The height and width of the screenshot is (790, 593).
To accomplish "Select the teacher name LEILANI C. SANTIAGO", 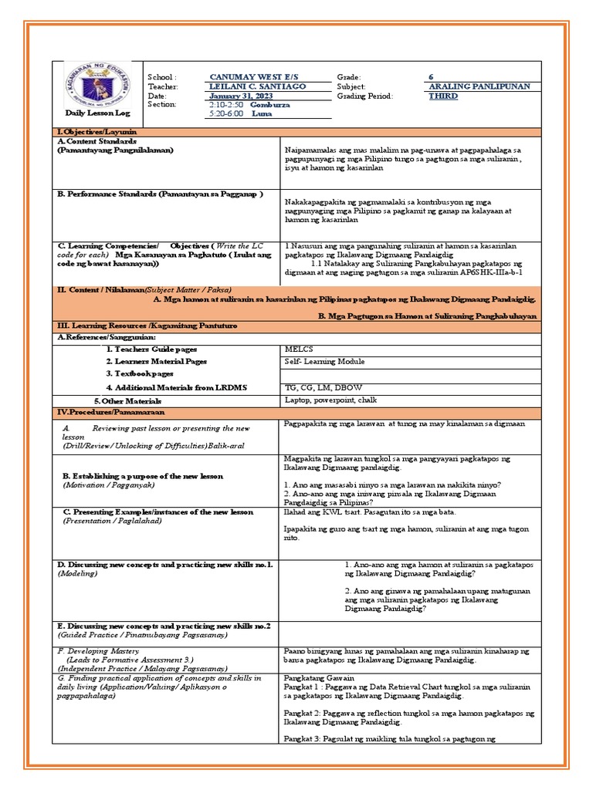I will pyautogui.click(x=257, y=86).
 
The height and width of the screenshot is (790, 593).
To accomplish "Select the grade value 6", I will pyautogui.click(x=431, y=77).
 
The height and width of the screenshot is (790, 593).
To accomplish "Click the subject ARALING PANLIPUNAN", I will pyautogui.click(x=479, y=86).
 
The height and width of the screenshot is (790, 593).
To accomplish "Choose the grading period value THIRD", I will pyautogui.click(x=443, y=96).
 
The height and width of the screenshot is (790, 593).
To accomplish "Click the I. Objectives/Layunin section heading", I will pyautogui.click(x=97, y=133).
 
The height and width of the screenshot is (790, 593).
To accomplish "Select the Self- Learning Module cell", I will pyautogui.click(x=324, y=361).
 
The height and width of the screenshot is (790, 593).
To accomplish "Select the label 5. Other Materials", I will pyautogui.click(x=127, y=401).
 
